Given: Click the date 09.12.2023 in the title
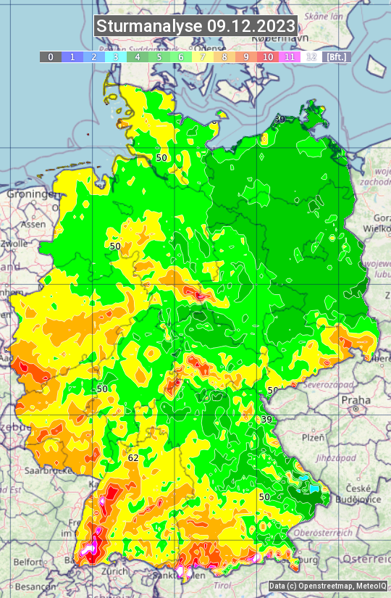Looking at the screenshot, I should pyautogui.click(x=251, y=26).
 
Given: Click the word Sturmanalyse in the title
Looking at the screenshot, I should pyautogui.click(x=150, y=26).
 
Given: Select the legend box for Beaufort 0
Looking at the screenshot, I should pyautogui.click(x=50, y=57).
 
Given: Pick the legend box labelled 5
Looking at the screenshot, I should pyautogui.click(x=159, y=57).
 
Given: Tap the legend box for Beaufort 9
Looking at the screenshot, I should pyautogui.click(x=246, y=57).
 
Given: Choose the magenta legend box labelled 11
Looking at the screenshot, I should pyautogui.click(x=290, y=57).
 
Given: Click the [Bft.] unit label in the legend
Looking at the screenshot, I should pyautogui.click(x=336, y=57).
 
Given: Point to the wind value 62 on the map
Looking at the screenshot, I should pyautogui.click(x=133, y=458).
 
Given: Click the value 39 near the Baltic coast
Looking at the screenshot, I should pyautogui.click(x=279, y=119).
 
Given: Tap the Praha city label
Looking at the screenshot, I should pyautogui.click(x=356, y=400).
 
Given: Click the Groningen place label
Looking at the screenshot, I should pyautogui.click(x=32, y=195).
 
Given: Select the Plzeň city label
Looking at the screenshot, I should pyautogui.click(x=313, y=438).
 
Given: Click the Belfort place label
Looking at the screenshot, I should pyautogui.click(x=27, y=562).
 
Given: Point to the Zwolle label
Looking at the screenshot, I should pyautogui.click(x=14, y=244).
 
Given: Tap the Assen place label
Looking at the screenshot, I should pyautogui.click(x=33, y=225).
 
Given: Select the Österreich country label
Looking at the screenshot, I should pyautogui.click(x=366, y=560).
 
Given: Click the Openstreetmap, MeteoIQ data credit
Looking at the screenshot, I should pyautogui.click(x=327, y=586).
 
